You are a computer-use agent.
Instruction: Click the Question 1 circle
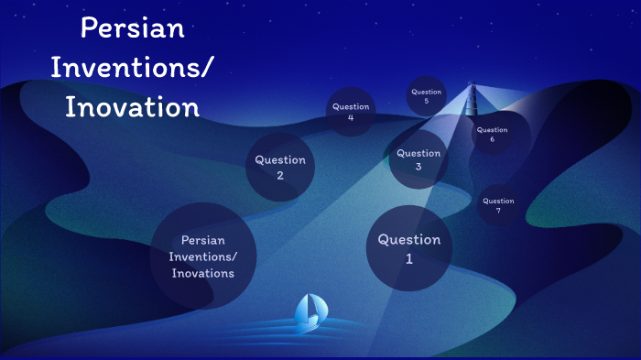click(x=409, y=248)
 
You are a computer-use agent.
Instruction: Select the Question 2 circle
click(x=280, y=168)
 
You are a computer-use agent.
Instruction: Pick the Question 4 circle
click(x=351, y=112)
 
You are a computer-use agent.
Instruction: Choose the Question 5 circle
click(x=426, y=96)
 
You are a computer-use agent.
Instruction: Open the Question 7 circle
click(x=498, y=205)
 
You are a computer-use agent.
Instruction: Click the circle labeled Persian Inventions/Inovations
click(x=202, y=256)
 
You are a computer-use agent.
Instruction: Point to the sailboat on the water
click(x=309, y=312)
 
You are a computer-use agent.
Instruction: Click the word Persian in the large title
click(x=133, y=28)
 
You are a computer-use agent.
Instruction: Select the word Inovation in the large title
click(x=133, y=107)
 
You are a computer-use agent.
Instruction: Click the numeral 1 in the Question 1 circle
click(x=409, y=259)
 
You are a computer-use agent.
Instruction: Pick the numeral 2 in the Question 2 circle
click(x=280, y=177)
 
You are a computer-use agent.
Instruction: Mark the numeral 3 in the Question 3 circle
click(x=418, y=167)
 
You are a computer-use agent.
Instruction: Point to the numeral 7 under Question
click(x=498, y=211)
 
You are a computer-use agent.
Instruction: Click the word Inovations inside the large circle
click(x=202, y=273)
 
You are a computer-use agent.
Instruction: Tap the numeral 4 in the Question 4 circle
click(x=351, y=118)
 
